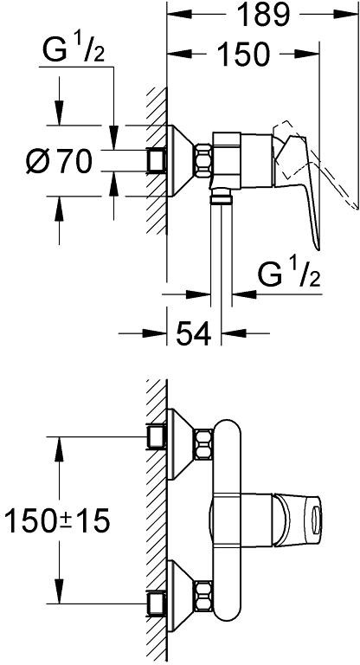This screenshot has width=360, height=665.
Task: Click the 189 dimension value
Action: coord(263,16)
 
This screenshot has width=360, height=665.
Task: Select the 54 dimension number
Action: coord(193,333)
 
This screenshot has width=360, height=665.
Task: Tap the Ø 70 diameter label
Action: coord(59,161)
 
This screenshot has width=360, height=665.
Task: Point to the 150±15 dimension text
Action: coord(57,520)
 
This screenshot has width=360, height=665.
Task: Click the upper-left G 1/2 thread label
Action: coord(74,50)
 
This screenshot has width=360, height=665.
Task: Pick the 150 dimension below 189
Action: coord(243,55)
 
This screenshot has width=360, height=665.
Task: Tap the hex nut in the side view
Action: coord(202,161)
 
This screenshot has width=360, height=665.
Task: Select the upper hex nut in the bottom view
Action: coord(203,444)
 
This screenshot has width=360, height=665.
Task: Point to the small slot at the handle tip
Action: coord(315,519)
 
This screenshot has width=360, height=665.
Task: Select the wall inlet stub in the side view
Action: coord(156,161)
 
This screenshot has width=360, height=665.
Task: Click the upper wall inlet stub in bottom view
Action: coord(156,436)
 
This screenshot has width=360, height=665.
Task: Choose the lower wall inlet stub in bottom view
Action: coord(156,603)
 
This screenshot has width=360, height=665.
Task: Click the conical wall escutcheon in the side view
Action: coord(181,161)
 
